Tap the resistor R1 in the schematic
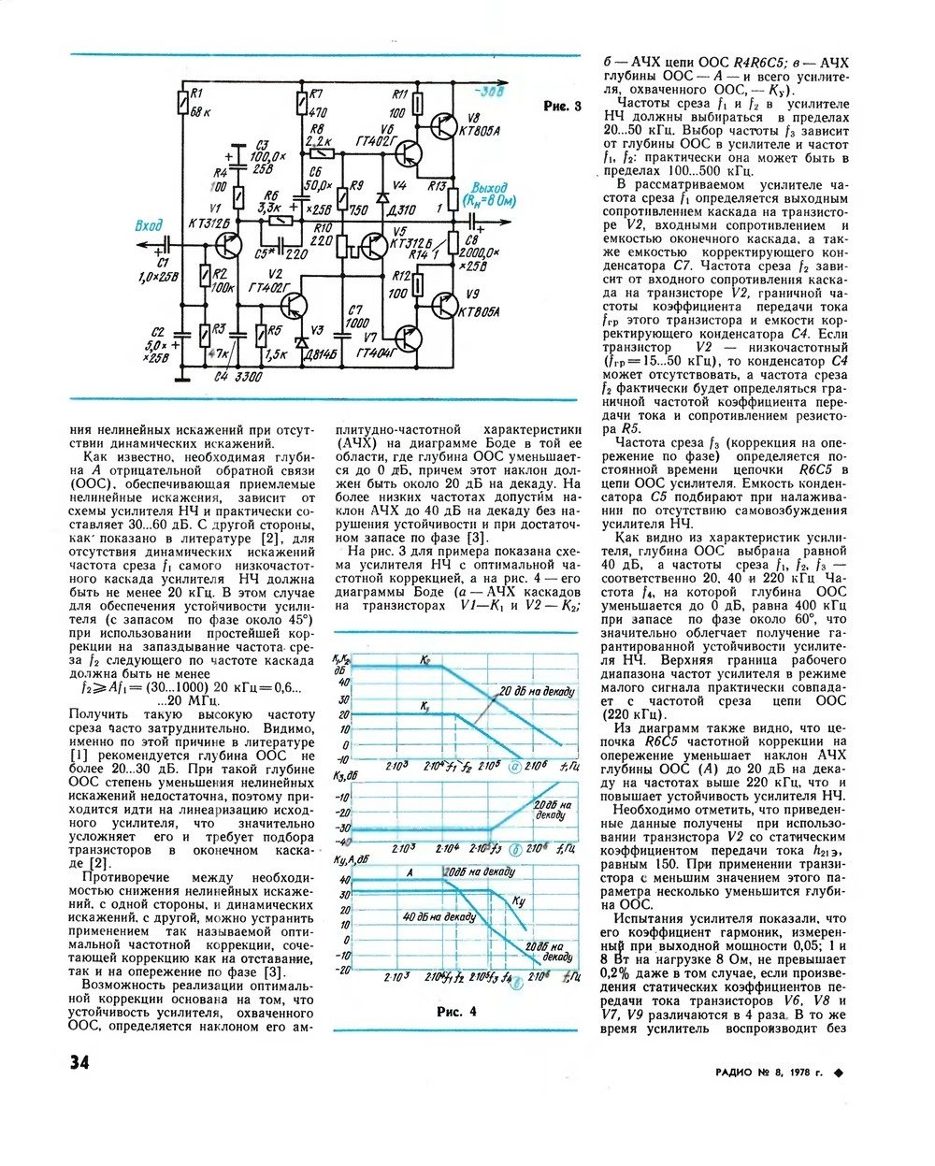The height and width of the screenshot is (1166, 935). coord(182,102)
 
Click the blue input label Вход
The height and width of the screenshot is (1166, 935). coord(148,225)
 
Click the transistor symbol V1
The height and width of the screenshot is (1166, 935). coord(227,246)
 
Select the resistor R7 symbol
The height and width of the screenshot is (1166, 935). coord(302,102)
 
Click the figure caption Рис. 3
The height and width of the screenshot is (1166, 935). coord(561,107)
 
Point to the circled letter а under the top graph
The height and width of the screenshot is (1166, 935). coord(516,765)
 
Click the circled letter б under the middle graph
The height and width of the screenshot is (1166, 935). coord(517,849)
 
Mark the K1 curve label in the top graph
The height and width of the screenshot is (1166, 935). coord(424,705)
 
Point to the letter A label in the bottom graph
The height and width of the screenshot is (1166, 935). coord(410,872)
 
